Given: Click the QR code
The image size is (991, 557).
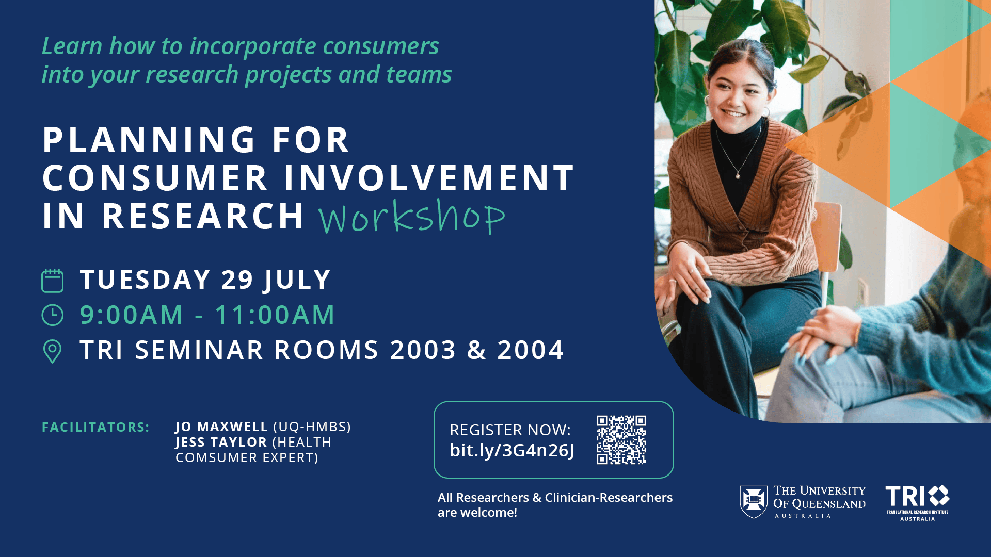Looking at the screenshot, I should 621,440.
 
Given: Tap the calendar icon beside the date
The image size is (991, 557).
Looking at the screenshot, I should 52,281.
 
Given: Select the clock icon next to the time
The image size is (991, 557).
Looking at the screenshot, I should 52,315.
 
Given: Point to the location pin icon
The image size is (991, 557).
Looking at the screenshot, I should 52,351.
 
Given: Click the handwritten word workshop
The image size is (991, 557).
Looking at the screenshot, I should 411,217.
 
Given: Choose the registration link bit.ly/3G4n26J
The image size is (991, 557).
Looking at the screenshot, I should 512,450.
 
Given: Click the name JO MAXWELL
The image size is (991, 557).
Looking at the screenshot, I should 221,427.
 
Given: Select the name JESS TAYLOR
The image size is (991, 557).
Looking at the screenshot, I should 221,443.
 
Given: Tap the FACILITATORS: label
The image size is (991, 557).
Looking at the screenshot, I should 95,428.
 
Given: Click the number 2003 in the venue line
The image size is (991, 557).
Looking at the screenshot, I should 423,350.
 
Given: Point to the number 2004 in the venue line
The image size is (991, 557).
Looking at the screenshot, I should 530,350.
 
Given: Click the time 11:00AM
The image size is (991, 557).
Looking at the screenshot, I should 275,315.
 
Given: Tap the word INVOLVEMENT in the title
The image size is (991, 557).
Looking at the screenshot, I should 428,178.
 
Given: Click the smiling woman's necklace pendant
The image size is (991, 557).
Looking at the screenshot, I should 738,176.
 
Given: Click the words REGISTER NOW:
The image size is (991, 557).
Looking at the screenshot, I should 510,430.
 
